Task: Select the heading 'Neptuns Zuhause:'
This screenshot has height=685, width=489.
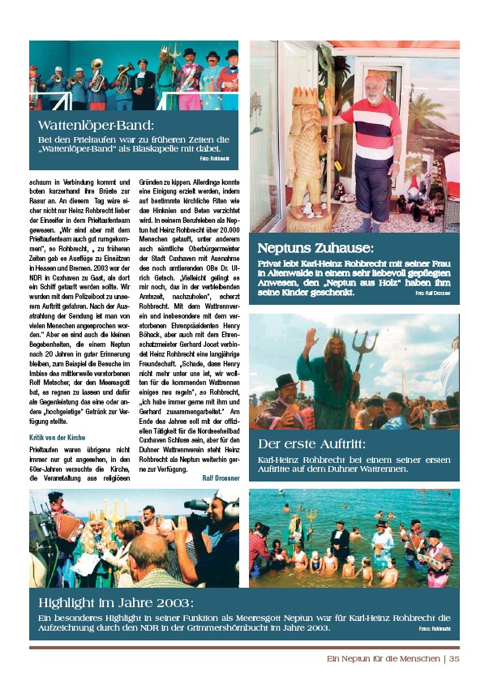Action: (x=315, y=248)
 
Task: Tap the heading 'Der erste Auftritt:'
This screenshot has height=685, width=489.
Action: (x=312, y=443)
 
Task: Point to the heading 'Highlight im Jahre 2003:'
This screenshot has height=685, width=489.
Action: (x=116, y=602)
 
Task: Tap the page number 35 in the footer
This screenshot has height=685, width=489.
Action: (x=454, y=658)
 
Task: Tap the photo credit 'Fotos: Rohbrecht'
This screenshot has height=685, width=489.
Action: (x=434, y=629)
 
